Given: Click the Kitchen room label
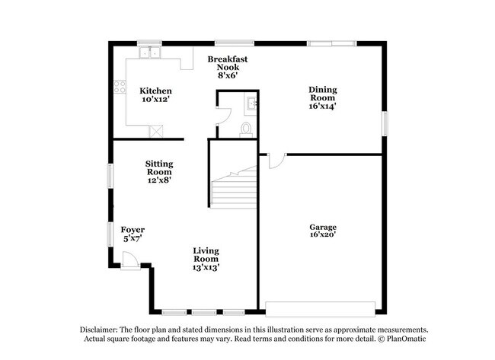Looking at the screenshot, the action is click(x=155, y=91).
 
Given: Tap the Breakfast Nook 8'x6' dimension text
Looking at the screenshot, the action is click(x=227, y=75).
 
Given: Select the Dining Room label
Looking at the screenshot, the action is click(x=323, y=94).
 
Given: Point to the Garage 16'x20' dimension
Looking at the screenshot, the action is click(x=323, y=234).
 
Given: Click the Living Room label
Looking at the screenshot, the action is click(x=206, y=255).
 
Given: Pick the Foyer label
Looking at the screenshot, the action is click(x=133, y=230).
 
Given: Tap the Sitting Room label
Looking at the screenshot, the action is click(x=159, y=168).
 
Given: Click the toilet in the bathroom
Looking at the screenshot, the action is click(x=246, y=129).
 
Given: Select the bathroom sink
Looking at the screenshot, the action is click(x=251, y=103).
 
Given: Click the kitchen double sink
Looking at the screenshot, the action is click(x=150, y=53).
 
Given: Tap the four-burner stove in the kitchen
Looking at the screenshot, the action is click(x=120, y=87).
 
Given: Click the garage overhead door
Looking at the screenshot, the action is click(x=320, y=309).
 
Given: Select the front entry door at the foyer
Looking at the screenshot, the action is click(x=130, y=260).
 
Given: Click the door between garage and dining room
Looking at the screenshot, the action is click(x=277, y=161).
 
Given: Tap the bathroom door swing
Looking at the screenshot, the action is click(x=224, y=116).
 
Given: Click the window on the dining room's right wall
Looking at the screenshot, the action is click(x=385, y=123).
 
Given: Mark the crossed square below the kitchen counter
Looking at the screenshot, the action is click(x=156, y=132).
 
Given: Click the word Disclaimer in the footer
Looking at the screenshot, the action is click(x=98, y=330).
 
